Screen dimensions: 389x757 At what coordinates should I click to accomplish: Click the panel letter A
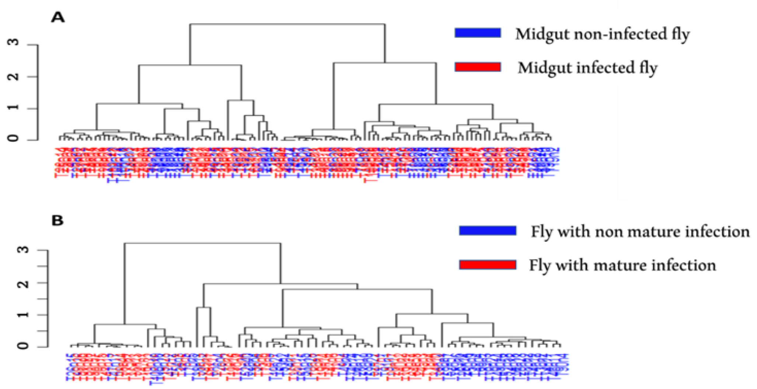click(58, 18)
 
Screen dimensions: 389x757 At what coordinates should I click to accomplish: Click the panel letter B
click(57, 221)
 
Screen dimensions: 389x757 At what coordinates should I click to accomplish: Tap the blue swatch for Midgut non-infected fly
click(478, 33)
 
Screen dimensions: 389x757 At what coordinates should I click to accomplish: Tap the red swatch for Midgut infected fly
click(478, 67)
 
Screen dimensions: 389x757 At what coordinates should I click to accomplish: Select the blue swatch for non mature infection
click(487, 231)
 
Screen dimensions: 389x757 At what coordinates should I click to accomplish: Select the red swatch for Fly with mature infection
click(487, 265)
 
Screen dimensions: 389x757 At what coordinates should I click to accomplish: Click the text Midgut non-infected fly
click(602, 34)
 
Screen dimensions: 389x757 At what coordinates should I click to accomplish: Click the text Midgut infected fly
click(587, 68)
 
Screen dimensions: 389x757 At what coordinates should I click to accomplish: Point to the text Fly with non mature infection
click(640, 232)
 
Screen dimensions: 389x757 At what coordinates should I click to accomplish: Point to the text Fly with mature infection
click(622, 265)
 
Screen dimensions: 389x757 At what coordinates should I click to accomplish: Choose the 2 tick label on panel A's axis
click(14, 77)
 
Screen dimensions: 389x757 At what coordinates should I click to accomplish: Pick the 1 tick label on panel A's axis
click(14, 108)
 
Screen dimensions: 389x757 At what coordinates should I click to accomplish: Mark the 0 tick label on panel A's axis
click(14, 138)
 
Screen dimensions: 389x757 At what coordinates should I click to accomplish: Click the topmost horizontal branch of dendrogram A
click(287, 24)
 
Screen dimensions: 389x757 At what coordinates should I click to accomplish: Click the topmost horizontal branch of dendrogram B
click(202, 243)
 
